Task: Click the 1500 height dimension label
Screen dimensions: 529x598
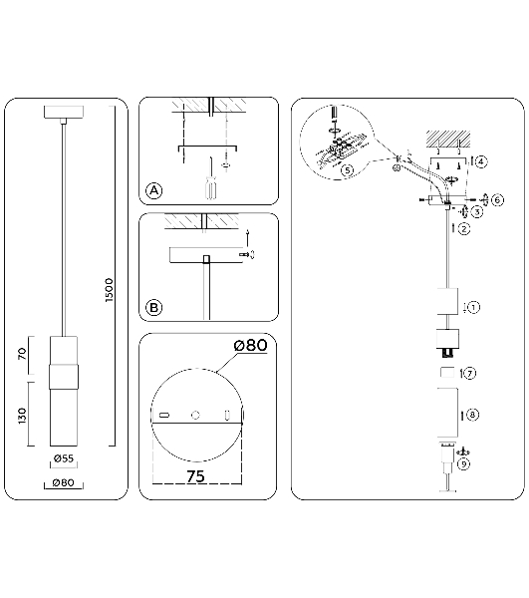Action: click(110, 290)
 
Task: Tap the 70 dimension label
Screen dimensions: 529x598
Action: click(23, 354)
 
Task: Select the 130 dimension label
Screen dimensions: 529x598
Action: click(23, 416)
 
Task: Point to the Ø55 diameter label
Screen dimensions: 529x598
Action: click(64, 458)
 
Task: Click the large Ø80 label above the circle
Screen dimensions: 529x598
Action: click(250, 345)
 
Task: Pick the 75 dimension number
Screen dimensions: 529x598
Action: click(195, 476)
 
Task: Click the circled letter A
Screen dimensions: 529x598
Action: click(154, 190)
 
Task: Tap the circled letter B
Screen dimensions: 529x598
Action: click(154, 307)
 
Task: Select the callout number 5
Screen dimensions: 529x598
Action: click(348, 170)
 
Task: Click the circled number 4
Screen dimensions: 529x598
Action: click(481, 161)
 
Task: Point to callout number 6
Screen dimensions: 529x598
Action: click(498, 200)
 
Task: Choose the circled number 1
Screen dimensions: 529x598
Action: click(473, 307)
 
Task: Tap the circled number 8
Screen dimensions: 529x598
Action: click(472, 415)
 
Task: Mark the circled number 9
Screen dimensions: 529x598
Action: click(463, 464)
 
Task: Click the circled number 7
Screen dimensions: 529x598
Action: click(469, 373)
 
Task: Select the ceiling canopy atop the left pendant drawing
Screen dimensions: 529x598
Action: click(64, 112)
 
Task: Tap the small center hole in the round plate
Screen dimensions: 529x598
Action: click(195, 415)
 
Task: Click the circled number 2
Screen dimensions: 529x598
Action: click(464, 229)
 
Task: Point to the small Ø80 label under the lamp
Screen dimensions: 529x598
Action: click(64, 482)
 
